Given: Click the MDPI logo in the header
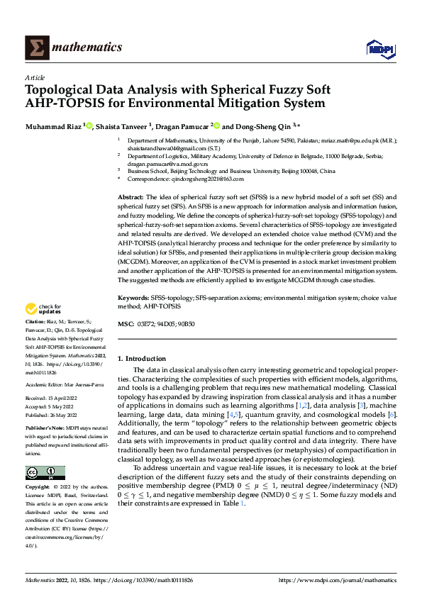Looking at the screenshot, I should tap(377, 48).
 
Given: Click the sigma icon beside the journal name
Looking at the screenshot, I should tap(35, 48).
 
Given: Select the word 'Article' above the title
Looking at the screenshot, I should tap(35, 77).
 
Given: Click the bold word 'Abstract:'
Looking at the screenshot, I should tap(131, 196).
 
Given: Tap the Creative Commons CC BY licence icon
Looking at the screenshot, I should tap(45, 473).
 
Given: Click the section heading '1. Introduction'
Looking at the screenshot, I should tap(141, 359).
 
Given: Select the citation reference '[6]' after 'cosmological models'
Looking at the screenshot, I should tap(392, 413).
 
